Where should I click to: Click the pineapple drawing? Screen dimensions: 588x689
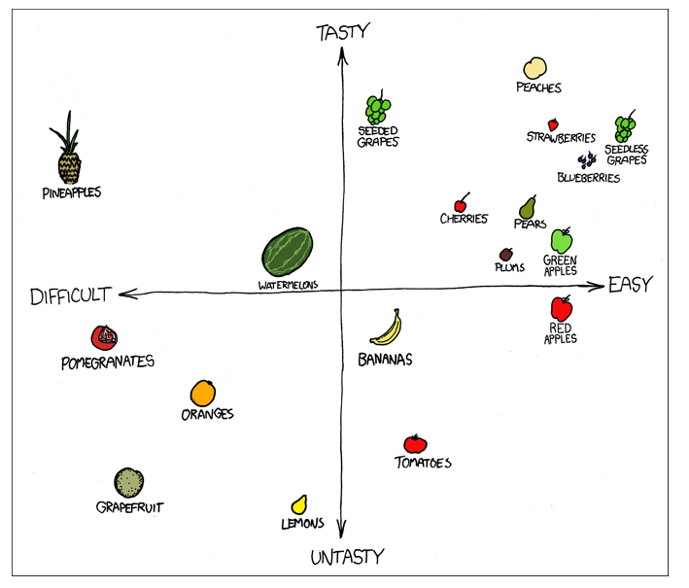(x=67, y=156)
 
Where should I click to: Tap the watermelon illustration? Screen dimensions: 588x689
(x=287, y=253)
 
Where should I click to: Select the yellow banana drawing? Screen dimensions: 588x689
(x=387, y=328)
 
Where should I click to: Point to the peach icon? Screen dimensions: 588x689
(x=535, y=67)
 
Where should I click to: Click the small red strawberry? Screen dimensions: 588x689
(x=553, y=124)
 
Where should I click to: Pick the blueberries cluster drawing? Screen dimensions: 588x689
(x=587, y=160)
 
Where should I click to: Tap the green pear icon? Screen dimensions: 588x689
(x=528, y=207)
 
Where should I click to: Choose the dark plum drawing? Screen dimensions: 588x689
(x=506, y=254)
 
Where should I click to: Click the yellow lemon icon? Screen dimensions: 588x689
(x=300, y=504)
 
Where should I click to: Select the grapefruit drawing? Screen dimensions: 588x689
(x=129, y=482)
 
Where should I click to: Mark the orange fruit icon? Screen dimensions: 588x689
(x=202, y=393)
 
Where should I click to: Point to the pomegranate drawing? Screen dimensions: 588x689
(x=104, y=337)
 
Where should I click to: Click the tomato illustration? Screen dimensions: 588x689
(x=416, y=444)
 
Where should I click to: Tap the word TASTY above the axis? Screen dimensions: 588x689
(x=343, y=32)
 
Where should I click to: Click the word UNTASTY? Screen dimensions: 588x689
(x=347, y=557)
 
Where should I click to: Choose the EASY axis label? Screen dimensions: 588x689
(x=630, y=284)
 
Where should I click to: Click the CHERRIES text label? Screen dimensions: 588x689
(x=464, y=219)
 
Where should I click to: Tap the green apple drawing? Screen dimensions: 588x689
(x=562, y=239)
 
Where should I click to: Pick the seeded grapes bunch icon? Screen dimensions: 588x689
(x=378, y=108)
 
